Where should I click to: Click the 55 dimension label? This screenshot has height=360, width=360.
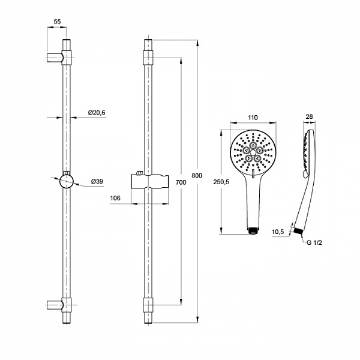click(x=57, y=22)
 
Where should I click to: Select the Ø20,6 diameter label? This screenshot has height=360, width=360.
click(x=97, y=112)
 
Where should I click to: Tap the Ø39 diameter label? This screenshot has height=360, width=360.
click(x=97, y=181)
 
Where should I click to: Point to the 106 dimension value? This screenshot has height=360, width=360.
click(x=115, y=198)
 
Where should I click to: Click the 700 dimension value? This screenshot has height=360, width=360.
click(x=181, y=182)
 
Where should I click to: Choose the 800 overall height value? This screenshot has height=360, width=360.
click(x=197, y=176)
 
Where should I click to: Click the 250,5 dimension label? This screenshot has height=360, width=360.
click(x=221, y=182)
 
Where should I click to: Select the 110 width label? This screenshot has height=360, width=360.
click(x=253, y=118)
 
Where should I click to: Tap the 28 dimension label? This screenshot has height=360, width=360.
click(x=309, y=116)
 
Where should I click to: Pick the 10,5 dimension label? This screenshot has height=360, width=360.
click(x=278, y=232)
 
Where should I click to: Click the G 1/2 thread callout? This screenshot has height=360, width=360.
click(x=314, y=242)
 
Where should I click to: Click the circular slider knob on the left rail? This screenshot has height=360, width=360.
click(x=67, y=181)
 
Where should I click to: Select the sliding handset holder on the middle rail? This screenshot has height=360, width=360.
click(x=149, y=181)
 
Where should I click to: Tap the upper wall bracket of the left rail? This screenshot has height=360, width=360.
click(x=59, y=58)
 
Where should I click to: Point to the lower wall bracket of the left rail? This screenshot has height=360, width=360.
click(x=59, y=305)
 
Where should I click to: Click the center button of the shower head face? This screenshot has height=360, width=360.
click(x=253, y=152)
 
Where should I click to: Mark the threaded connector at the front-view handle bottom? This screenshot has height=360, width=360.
click(x=253, y=230)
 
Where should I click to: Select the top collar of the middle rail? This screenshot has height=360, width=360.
click(x=148, y=58)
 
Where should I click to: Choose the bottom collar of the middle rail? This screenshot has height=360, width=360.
click(x=148, y=305)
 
